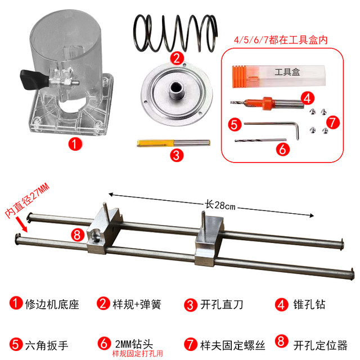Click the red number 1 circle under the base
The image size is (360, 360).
[x=71, y=144]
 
